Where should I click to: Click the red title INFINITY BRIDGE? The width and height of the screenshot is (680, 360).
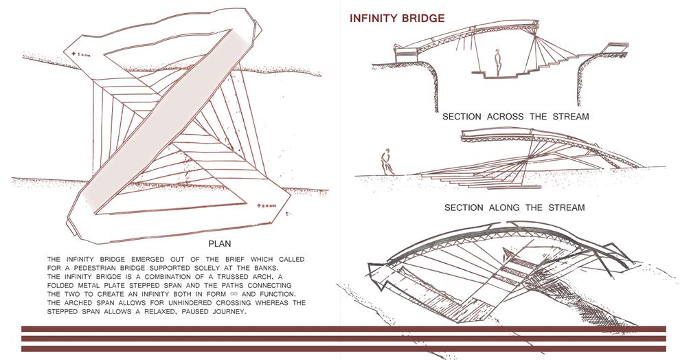pyautogui.click(x=397, y=18)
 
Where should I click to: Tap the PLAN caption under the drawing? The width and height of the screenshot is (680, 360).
pyautogui.click(x=219, y=243)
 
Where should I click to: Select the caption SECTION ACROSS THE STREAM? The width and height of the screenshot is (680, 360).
pyautogui.click(x=515, y=117)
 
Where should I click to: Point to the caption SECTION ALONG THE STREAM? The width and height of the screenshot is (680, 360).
pyautogui.click(x=514, y=207)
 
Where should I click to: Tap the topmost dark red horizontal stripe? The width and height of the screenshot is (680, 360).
pyautogui.click(x=343, y=329)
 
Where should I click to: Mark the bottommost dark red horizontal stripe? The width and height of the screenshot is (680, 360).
pyautogui.click(x=343, y=348)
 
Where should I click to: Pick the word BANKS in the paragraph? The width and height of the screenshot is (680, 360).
pyautogui.click(x=289, y=267)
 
